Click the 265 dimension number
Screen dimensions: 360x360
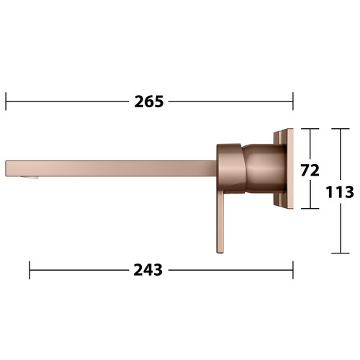(x=149, y=102)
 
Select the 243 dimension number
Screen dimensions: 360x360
(x=148, y=270)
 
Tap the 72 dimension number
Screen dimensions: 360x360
(x=310, y=171)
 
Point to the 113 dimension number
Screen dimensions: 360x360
(x=340, y=192)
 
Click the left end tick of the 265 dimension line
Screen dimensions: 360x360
(x=6, y=102)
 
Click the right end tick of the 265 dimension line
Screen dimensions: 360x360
(x=293, y=102)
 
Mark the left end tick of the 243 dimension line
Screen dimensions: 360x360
(x=30, y=270)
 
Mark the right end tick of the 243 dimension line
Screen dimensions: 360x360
(x=293, y=270)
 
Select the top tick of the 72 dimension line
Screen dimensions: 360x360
(x=310, y=129)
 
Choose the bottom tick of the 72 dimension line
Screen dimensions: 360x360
(x=310, y=209)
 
